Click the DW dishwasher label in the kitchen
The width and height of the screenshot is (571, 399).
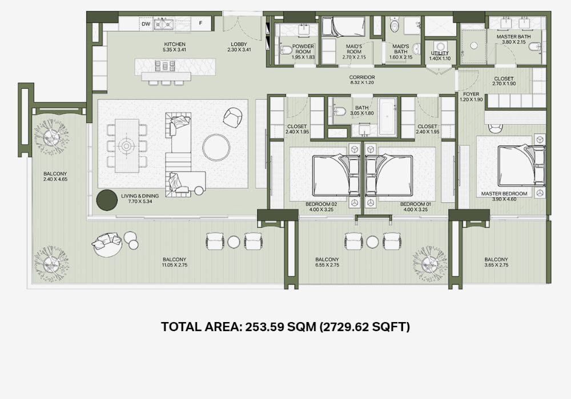[146, 24]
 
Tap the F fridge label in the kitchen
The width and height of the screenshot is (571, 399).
[200, 23]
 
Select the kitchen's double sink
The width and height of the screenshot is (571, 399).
[163, 25]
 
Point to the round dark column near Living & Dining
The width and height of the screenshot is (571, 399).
[107, 200]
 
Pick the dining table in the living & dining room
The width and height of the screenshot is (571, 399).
[127, 146]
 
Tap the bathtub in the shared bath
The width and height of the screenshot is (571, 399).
[388, 116]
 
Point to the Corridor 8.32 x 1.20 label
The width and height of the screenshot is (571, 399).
[362, 80]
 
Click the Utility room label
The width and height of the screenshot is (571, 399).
[440, 53]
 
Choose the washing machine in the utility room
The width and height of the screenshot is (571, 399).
[440, 47]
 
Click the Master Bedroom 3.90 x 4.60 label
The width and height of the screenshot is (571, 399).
[504, 196]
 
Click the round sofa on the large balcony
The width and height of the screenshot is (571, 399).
[106, 244]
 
